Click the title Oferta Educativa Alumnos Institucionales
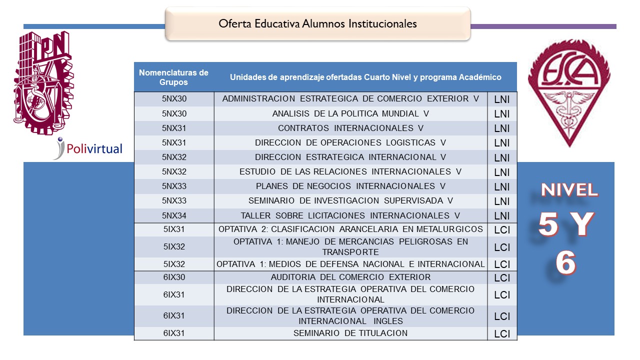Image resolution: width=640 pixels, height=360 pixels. click(x=317, y=23)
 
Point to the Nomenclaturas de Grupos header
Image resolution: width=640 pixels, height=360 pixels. click(x=173, y=77)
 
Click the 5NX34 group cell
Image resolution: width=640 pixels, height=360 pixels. click(x=174, y=216)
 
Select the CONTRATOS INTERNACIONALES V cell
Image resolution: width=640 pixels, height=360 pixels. click(x=350, y=128)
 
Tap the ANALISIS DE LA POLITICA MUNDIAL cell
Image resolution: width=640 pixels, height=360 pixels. click(x=350, y=113)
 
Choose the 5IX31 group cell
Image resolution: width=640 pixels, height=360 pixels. click(x=174, y=229)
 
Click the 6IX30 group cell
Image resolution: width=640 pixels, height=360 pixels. click(x=174, y=277)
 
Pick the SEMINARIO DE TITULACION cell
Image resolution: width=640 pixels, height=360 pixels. click(x=350, y=333)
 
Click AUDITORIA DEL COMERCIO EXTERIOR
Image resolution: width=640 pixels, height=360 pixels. click(x=350, y=277)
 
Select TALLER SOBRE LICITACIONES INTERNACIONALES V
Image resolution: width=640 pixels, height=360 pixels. click(x=350, y=216)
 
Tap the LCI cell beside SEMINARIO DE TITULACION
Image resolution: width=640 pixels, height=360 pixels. click(x=502, y=334)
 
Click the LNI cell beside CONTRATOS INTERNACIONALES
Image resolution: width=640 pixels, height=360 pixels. click(x=502, y=128)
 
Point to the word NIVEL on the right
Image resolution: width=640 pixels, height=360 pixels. click(x=569, y=190)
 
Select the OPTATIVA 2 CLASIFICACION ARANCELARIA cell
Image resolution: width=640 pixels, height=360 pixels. click(x=350, y=229)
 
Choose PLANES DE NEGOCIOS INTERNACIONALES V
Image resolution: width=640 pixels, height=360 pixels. click(x=350, y=186)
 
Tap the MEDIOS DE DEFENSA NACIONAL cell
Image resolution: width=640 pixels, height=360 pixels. click(x=350, y=264)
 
